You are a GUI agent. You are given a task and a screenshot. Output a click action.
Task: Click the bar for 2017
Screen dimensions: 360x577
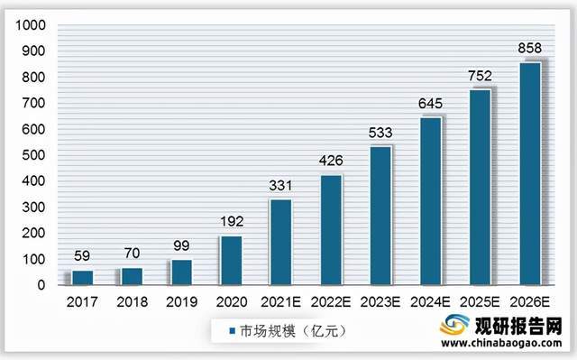82,277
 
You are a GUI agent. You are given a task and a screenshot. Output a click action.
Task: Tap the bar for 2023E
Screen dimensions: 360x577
381,216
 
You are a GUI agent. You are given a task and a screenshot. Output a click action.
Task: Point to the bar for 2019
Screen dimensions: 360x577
182,272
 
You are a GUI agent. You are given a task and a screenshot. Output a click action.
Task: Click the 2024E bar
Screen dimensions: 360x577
431,201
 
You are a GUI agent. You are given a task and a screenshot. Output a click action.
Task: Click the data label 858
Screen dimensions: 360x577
531,46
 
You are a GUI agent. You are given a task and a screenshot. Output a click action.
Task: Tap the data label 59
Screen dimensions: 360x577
82,254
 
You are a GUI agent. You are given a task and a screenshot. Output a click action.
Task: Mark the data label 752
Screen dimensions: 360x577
481,75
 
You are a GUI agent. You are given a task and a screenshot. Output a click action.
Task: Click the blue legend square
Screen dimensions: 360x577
232,331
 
